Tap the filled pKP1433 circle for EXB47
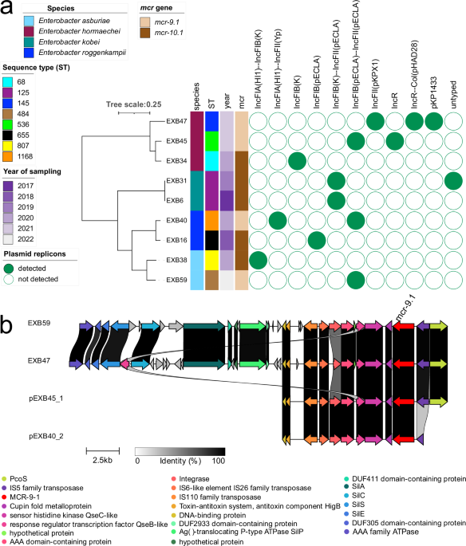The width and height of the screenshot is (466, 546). (x=434, y=121)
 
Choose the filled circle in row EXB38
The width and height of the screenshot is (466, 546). (x=258, y=259)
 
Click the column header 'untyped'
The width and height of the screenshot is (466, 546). (x=455, y=93)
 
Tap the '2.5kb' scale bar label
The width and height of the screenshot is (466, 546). (x=101, y=460)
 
